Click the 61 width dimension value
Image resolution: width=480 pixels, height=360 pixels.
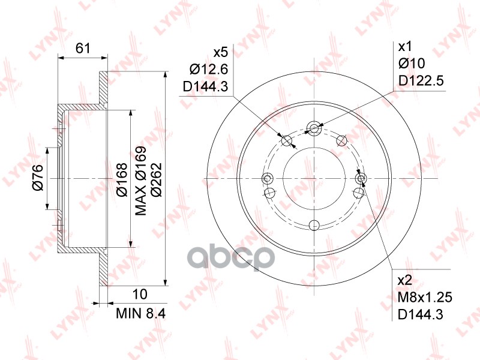coord(83,49)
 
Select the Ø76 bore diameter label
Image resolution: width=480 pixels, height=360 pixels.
coord(38,177)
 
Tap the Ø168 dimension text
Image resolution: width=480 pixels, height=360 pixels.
coord(122,180)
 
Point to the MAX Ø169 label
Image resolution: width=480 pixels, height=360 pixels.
coord(140,181)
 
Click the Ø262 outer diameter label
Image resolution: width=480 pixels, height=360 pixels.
coord(157,180)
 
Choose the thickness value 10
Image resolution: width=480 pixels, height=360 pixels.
coord(140,294)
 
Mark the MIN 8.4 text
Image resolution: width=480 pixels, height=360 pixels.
coord(141,313)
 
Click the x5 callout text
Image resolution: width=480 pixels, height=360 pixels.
coord(221,53)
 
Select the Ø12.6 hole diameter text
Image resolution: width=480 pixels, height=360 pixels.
coord(209,70)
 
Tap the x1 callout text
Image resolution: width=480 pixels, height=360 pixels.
coord(404,47)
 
